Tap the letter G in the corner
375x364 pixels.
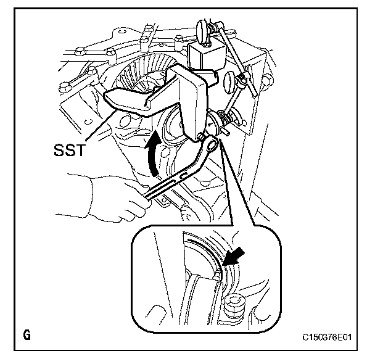27,336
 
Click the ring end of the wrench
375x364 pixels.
211,146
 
